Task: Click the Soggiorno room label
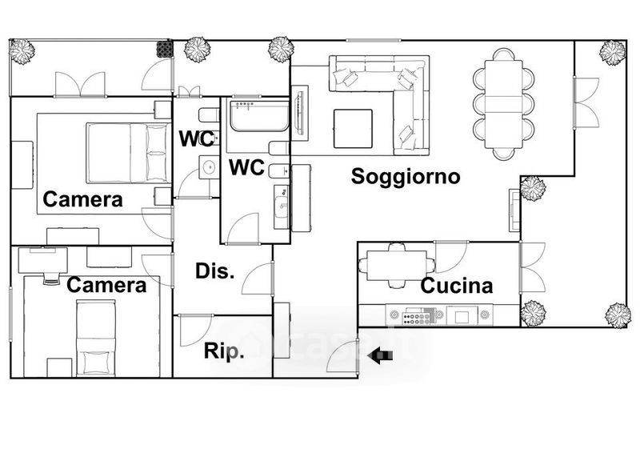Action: (x=406, y=176)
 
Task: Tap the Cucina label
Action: (x=456, y=286)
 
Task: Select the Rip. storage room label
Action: (x=224, y=352)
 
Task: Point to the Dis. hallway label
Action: (x=215, y=271)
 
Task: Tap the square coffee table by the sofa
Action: (x=353, y=128)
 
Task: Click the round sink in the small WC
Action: (x=209, y=167)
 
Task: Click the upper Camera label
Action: (x=83, y=199)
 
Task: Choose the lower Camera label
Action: (x=106, y=285)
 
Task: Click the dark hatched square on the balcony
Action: (x=165, y=47)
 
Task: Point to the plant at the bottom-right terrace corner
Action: (x=617, y=312)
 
